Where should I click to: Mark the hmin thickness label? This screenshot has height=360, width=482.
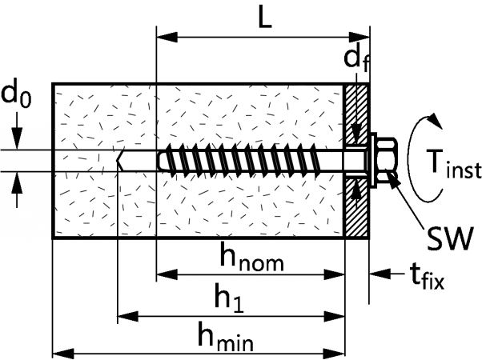pyautogui.click(x=227, y=336)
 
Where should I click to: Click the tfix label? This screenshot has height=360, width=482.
pyautogui.click(x=427, y=277)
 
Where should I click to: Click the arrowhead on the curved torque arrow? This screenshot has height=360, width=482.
pyautogui.click(x=434, y=119)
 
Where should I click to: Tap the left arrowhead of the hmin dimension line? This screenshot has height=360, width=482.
pyautogui.click(x=59, y=351)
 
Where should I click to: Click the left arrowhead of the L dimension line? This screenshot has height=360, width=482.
pyautogui.click(x=162, y=36)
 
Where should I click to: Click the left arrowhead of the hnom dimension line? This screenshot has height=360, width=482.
pyautogui.click(x=163, y=274)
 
